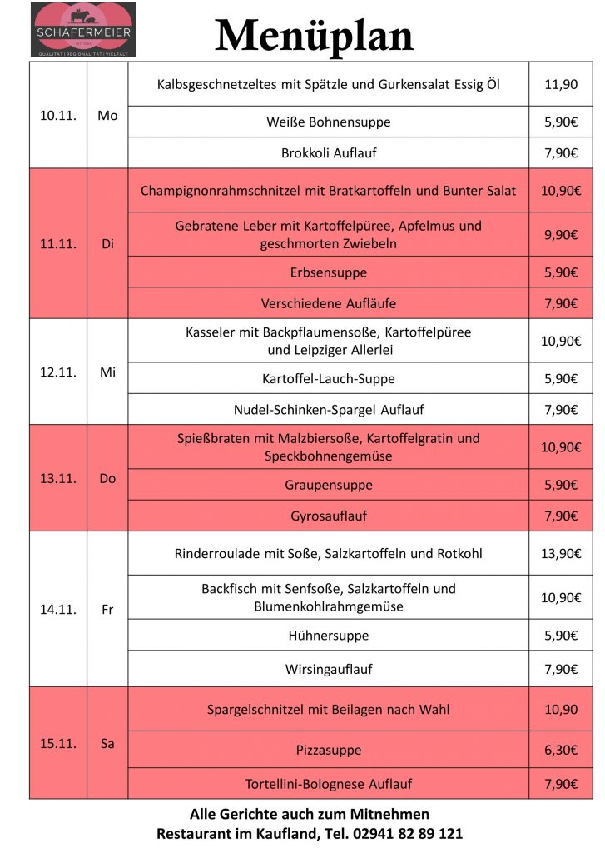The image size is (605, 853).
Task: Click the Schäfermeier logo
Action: [x=83, y=29]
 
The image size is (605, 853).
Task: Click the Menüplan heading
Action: [x=314, y=36]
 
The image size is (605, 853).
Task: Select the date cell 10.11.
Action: [x=58, y=116]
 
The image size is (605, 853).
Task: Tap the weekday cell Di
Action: [x=107, y=244]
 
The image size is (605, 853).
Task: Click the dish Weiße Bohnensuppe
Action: [x=329, y=122]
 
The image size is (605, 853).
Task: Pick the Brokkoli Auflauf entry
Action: [x=329, y=153]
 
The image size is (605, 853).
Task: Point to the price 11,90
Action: [x=561, y=84]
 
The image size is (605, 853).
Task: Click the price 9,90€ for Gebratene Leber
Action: [x=561, y=235]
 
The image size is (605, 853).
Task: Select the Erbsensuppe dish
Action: [x=329, y=272]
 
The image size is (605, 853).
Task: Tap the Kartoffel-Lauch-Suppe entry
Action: [x=329, y=379]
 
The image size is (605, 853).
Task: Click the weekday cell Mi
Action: [x=107, y=372]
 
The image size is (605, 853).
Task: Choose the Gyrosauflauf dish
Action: [x=329, y=516]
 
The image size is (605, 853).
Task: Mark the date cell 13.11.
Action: [x=58, y=478]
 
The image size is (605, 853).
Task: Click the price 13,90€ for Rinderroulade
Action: [x=561, y=554]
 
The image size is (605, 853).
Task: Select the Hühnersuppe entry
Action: [x=329, y=636]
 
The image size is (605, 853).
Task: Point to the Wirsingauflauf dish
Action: [x=329, y=669]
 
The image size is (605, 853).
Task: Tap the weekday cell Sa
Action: [x=107, y=743]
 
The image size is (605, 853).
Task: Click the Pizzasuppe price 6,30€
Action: [x=561, y=750]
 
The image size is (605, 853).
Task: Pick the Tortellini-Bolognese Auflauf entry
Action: [x=329, y=784]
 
